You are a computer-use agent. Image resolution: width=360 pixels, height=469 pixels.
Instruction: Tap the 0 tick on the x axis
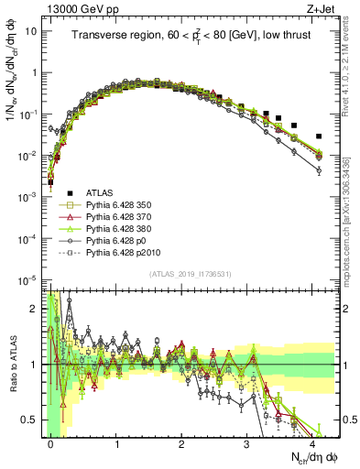point(50,443)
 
